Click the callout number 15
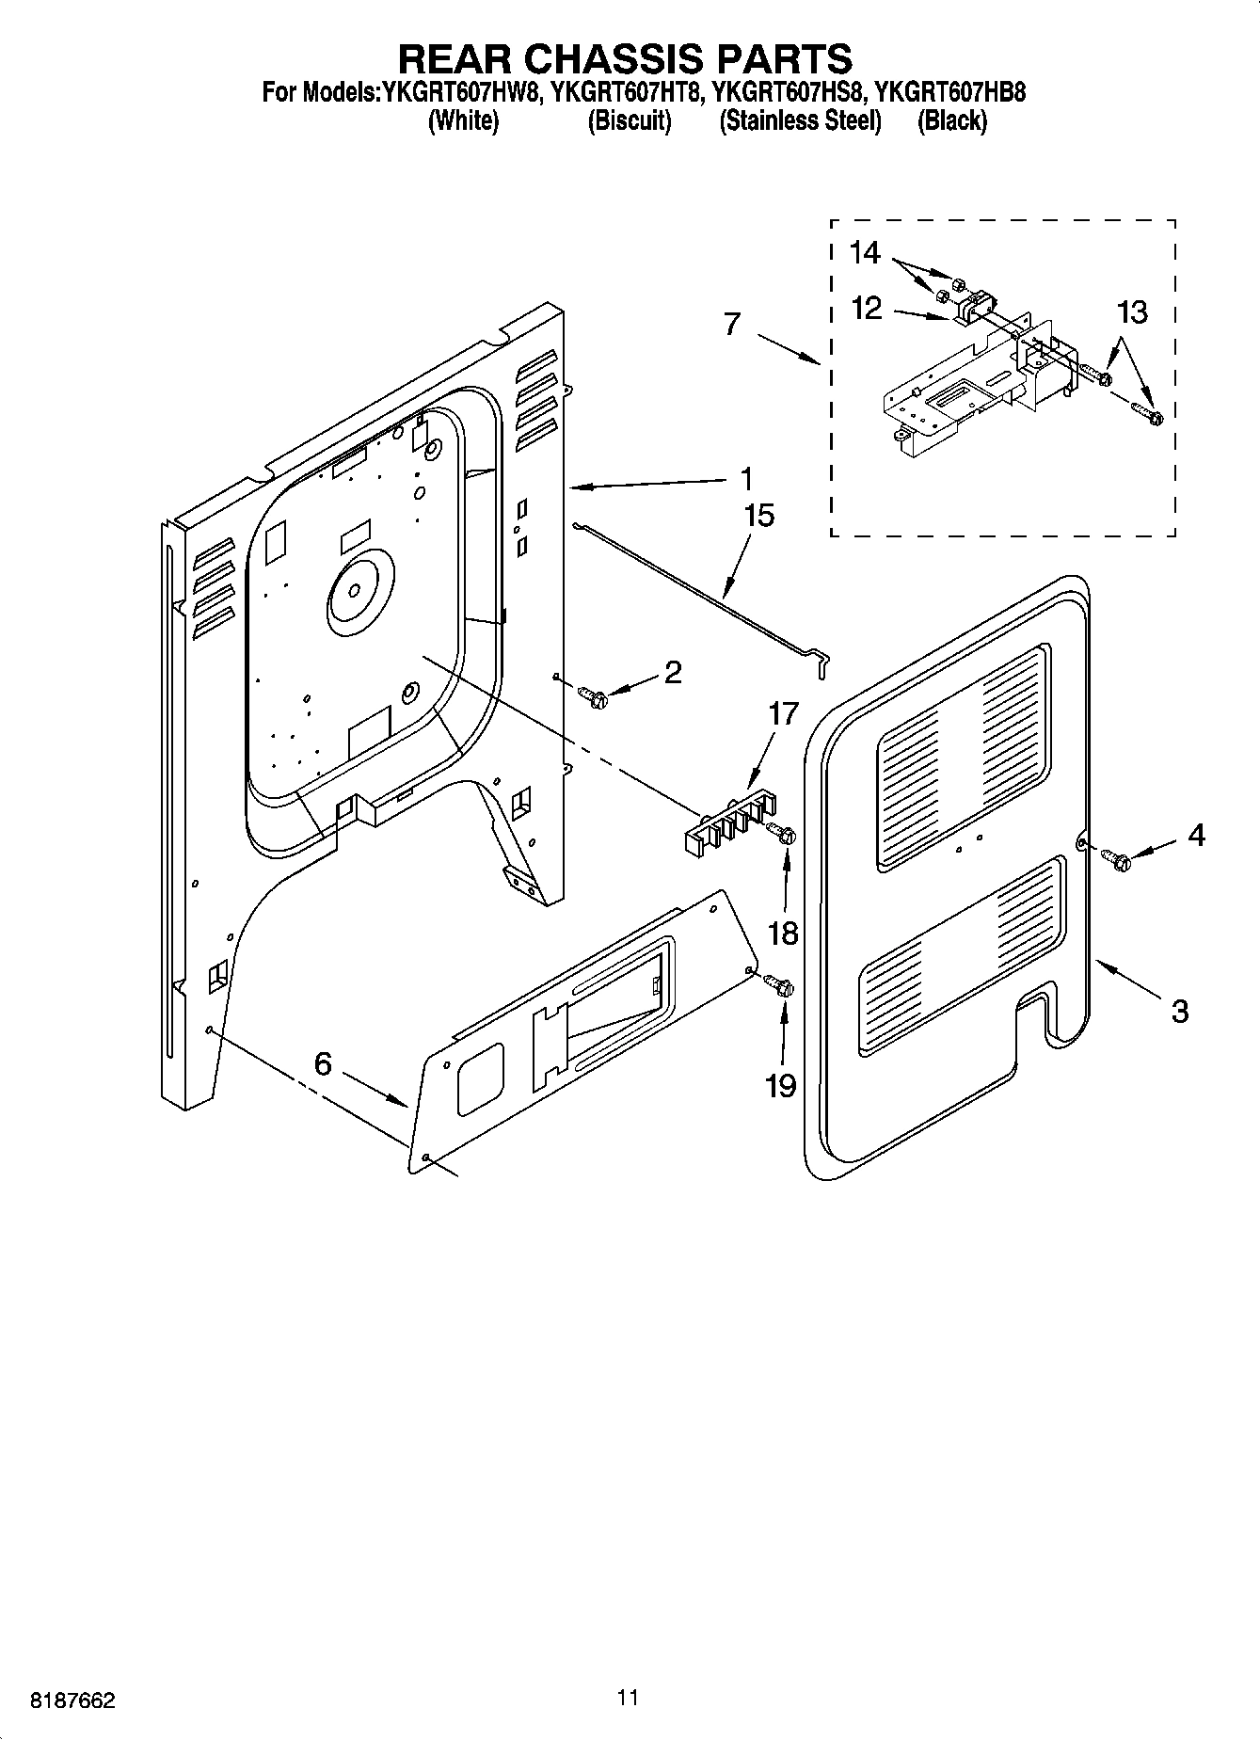click(x=758, y=516)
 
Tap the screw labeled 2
click(x=594, y=696)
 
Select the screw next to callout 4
click(x=1117, y=857)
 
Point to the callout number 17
click(x=783, y=713)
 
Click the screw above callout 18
click(x=782, y=832)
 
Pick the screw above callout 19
click(x=780, y=985)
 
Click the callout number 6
click(x=323, y=1064)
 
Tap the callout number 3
click(x=1180, y=1012)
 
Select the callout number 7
click(x=732, y=324)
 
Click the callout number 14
click(x=865, y=252)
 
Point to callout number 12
click(x=866, y=308)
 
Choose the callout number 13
click(x=1133, y=312)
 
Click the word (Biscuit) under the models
click(x=629, y=121)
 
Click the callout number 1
click(x=746, y=480)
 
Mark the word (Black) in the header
click(x=951, y=121)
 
